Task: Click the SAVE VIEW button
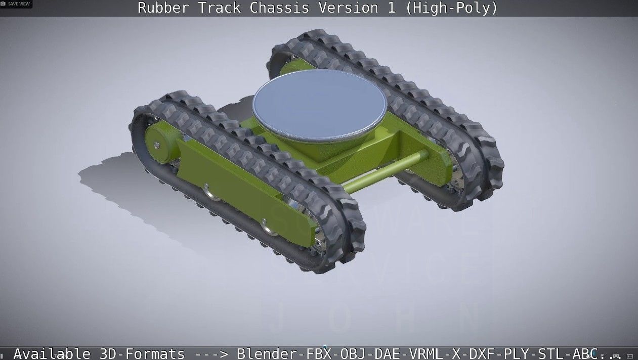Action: point(16,4)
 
